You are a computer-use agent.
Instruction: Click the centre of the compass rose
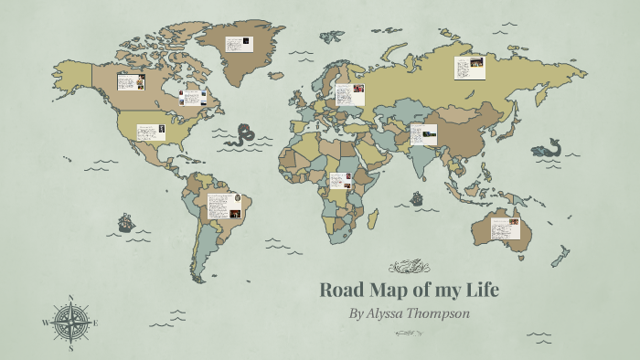(x=71, y=323)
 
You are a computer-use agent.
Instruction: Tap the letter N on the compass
(x=71, y=298)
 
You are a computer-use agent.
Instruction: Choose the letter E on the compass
(x=96, y=323)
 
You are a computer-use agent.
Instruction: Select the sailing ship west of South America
(x=125, y=222)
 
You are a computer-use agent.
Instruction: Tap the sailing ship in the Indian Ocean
(x=418, y=197)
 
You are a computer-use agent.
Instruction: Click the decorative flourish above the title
(x=408, y=267)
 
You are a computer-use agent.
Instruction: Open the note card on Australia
(x=505, y=228)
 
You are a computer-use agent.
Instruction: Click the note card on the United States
(x=151, y=132)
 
